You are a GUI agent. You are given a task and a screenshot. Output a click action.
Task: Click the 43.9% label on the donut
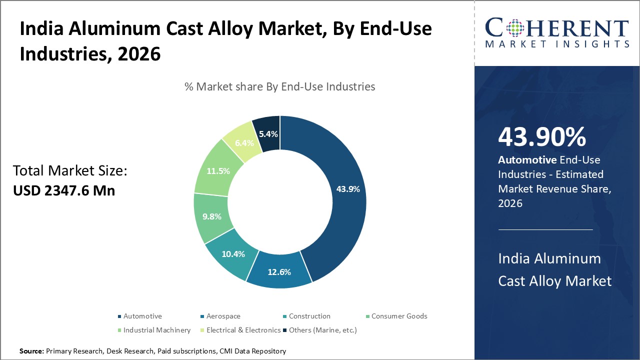(348, 189)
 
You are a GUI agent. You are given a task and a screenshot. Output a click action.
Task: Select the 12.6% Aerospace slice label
(279, 272)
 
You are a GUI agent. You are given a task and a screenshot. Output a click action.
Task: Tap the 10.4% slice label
(233, 254)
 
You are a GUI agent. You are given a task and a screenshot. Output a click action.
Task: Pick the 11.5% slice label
(218, 171)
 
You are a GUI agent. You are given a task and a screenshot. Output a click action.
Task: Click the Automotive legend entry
(142, 316)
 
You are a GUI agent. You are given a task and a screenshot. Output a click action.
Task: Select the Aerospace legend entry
(223, 316)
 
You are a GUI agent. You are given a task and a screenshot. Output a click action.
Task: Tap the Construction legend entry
(309, 316)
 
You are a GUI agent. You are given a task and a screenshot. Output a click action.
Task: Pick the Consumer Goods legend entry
(399, 316)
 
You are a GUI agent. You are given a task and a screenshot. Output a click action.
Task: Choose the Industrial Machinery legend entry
(156, 330)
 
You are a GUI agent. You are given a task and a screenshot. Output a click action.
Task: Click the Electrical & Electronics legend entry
(243, 330)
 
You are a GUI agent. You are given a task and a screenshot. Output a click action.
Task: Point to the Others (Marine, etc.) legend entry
(322, 330)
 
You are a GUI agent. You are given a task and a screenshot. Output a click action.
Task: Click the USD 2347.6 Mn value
(64, 190)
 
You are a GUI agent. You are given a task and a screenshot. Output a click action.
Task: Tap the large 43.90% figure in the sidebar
(542, 137)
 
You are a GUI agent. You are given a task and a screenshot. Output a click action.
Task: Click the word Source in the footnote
(31, 351)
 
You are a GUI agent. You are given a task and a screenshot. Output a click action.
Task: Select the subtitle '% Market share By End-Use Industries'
(280, 86)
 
